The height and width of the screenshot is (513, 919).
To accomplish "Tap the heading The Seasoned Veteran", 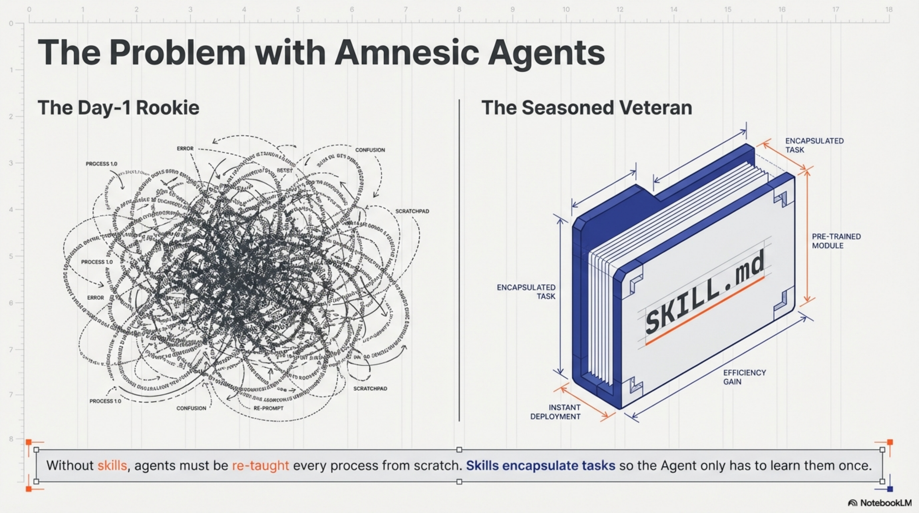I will [587, 108].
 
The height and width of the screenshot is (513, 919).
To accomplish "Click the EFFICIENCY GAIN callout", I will [744, 377].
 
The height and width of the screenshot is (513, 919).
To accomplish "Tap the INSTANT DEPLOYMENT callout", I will [555, 412].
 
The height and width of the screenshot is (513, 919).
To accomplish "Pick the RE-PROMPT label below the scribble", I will [268, 408].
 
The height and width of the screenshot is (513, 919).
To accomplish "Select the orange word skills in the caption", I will [112, 466].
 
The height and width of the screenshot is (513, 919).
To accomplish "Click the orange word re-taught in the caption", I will [260, 466].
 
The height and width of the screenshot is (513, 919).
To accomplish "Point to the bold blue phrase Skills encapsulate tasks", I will [540, 466].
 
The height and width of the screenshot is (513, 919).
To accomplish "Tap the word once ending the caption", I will [854, 466].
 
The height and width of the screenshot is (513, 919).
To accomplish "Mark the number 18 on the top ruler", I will [889, 10].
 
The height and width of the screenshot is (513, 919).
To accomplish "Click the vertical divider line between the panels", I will [459, 260].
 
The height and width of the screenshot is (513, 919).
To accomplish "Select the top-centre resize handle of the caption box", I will [459, 450].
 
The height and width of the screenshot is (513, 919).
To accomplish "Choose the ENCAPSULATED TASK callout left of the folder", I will [526, 292].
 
